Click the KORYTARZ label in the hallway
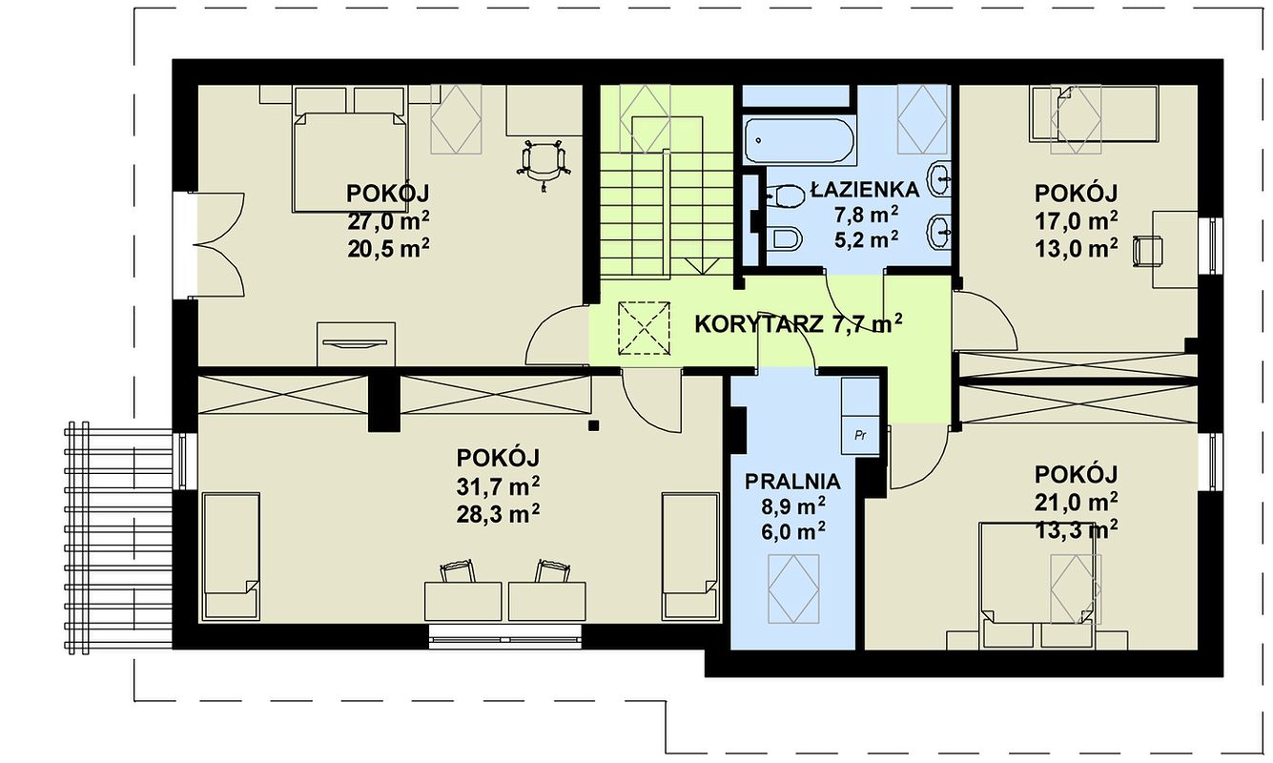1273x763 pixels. click(x=759, y=324)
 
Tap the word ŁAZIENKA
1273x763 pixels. click(x=866, y=190)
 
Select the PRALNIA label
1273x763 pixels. click(x=792, y=482)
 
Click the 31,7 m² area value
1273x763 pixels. click(x=498, y=486)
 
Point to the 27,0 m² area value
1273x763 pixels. click(x=388, y=221)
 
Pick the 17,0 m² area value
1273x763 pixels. click(x=1077, y=220)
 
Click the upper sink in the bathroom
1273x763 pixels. click(x=940, y=179)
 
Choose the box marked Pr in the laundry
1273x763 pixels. click(x=860, y=435)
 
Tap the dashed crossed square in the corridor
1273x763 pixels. click(x=644, y=328)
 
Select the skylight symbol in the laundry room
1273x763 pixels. click(x=793, y=588)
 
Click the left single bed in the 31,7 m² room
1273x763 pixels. click(x=232, y=556)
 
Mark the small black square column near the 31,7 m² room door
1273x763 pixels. click(x=594, y=424)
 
